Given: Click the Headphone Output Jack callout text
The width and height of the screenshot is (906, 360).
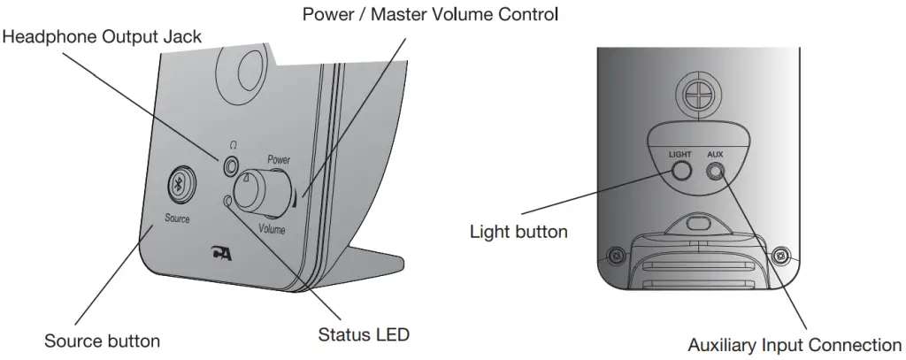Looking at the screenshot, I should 102,37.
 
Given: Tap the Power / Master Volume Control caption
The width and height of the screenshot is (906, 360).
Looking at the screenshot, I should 430,14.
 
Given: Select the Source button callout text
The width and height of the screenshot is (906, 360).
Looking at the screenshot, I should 102,341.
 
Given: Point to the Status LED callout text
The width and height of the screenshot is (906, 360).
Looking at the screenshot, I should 364,335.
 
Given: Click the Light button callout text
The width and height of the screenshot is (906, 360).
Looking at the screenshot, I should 518,233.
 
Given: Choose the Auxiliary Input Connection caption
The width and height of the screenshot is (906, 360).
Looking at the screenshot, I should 794,345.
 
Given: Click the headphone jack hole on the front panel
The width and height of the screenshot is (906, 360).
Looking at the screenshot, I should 232,165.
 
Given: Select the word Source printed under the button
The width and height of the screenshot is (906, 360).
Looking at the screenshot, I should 177,218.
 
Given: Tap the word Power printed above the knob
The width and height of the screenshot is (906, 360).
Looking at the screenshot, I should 279,161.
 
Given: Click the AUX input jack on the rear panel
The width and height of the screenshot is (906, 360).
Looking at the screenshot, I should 715,173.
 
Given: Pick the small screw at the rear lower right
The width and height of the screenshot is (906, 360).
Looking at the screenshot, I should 779,257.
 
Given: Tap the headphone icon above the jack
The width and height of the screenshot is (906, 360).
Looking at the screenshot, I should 233,144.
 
